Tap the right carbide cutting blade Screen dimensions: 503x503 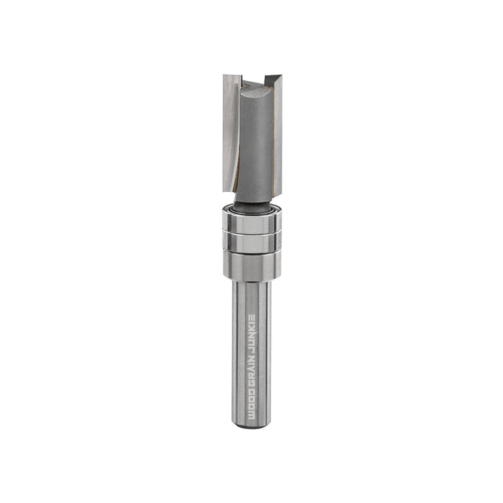point(277,129)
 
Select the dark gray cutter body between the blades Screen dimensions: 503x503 point(255,144)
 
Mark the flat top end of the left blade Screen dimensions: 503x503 point(231,77)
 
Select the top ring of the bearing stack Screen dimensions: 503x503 point(251,221)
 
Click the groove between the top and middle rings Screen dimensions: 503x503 point(251,232)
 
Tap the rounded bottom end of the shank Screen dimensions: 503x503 point(251,425)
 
